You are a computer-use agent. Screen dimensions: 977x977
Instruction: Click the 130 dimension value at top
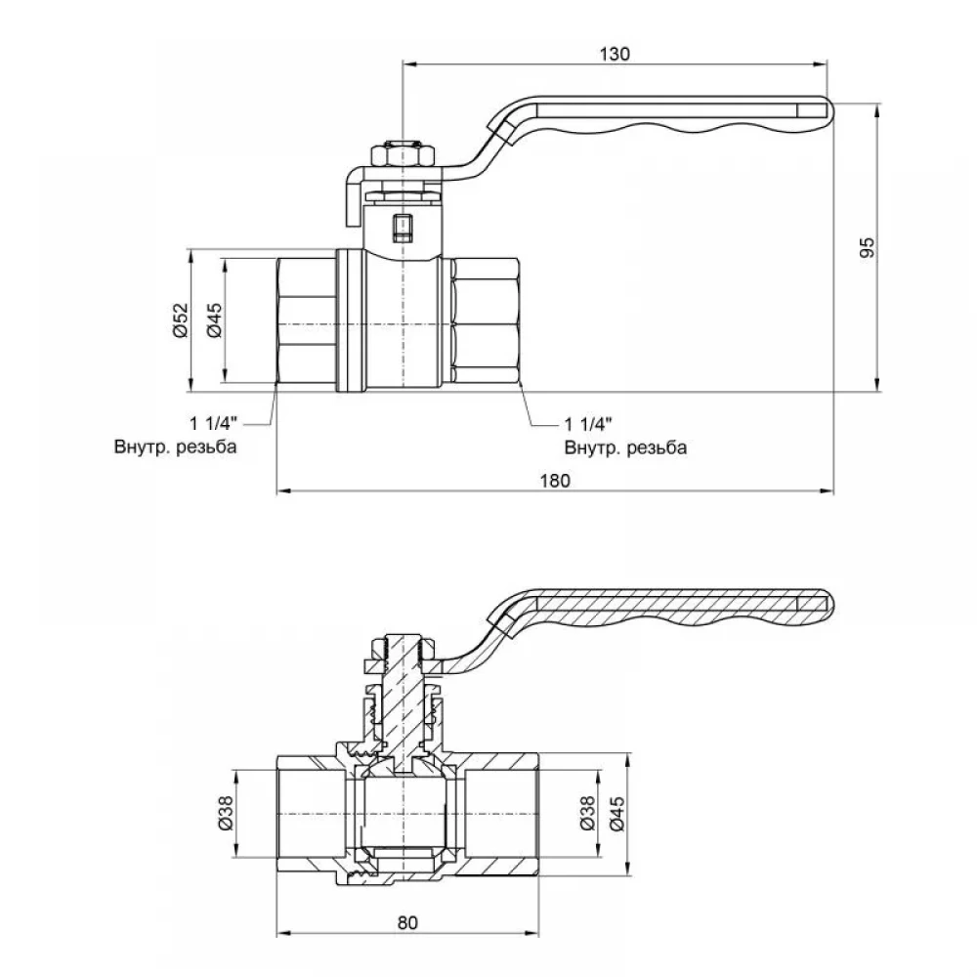615,54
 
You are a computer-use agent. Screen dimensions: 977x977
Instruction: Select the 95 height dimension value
868,247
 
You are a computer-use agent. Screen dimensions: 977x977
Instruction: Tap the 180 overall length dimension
555,481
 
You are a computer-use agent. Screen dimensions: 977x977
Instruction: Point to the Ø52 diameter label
180,320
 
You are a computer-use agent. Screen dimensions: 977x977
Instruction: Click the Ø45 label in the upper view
214,320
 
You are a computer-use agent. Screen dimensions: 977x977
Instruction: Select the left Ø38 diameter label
225,814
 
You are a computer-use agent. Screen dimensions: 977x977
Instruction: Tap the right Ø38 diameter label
587,814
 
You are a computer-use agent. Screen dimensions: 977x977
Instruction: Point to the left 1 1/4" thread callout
214,424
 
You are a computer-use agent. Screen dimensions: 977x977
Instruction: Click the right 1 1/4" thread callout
588,424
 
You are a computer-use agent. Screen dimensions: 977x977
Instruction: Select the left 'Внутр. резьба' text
176,446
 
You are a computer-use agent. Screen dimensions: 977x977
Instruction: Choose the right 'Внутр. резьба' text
625,447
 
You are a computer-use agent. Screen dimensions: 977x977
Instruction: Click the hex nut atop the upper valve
403,154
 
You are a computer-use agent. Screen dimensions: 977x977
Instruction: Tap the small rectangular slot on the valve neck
403,228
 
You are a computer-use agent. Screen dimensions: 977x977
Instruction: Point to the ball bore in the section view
406,814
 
